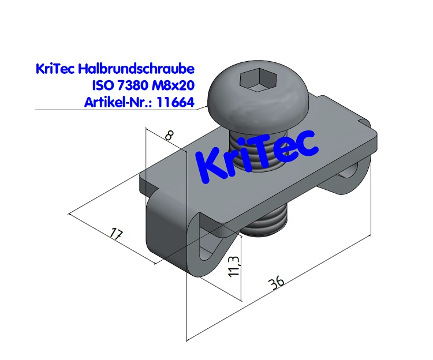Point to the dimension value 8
coord(169,136)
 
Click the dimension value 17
coord(115,235)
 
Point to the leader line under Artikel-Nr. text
coord(115,110)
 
